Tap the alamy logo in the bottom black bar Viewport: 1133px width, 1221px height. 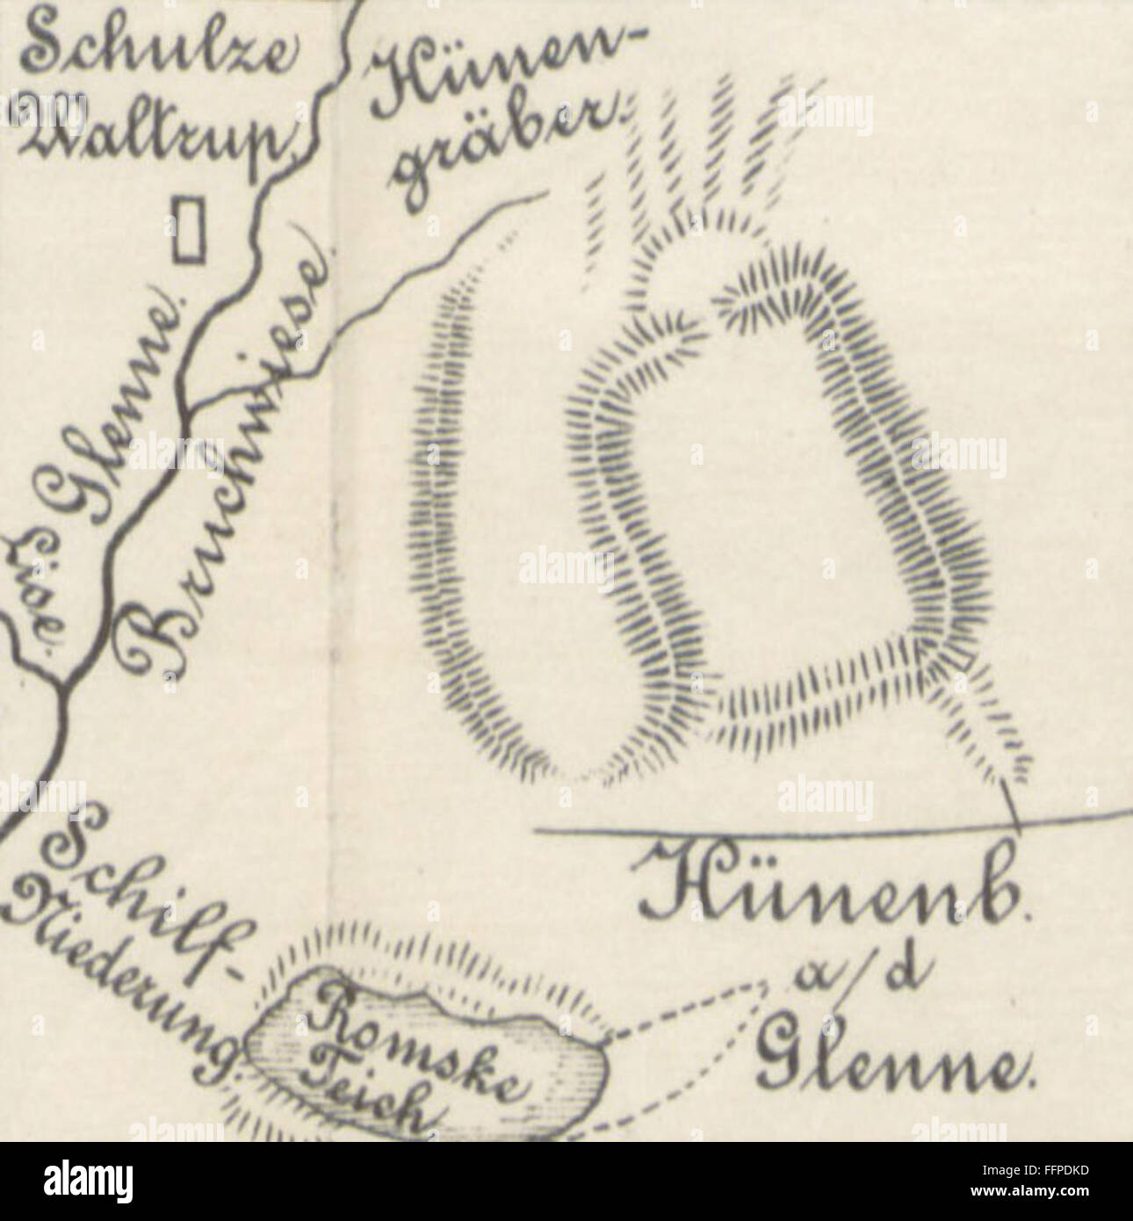88,1181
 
